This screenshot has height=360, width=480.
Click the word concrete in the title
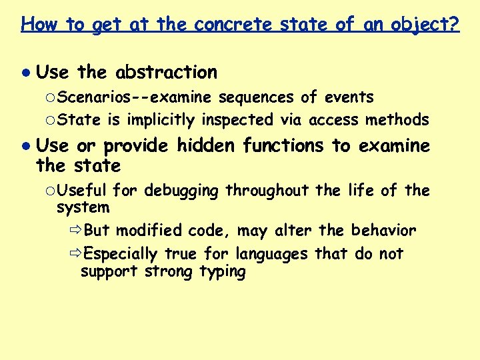[232, 25]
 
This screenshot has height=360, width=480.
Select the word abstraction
[166, 72]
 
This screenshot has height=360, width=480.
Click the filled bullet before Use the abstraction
[25, 72]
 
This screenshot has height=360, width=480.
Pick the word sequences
[256, 97]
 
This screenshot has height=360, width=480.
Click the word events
[349, 97]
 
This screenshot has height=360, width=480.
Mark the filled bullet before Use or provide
[25, 145]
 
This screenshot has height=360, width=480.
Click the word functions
[283, 145]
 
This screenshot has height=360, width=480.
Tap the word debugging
[181, 191]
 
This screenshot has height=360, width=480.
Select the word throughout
[269, 191]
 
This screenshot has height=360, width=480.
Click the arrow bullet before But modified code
[75, 231]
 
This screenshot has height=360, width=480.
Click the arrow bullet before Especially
[75, 255]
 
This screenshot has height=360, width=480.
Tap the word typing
[223, 272]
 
